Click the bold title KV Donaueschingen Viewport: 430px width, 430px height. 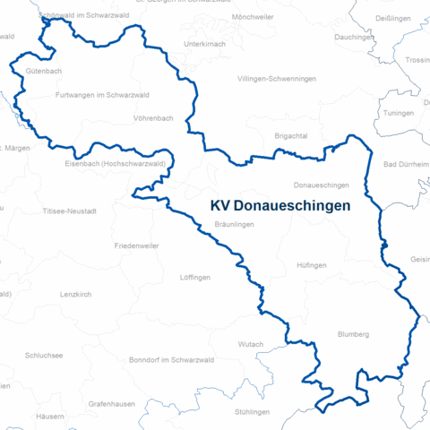pos(279,205)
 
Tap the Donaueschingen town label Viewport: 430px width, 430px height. pos(321,185)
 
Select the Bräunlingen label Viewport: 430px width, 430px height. pos(235,225)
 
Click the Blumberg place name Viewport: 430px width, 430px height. pos(353,334)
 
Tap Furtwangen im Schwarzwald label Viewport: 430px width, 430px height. pos(101,95)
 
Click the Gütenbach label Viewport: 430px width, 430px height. pos(44,69)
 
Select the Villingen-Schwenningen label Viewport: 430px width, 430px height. pos(277,79)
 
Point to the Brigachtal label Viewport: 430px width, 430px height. pos(291,134)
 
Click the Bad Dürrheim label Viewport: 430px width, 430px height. pos(406,164)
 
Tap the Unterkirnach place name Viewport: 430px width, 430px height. pos(203,44)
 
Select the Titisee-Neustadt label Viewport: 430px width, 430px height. pos(69,211)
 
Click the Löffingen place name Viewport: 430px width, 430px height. pos(194,277)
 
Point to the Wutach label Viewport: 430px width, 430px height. pos(251,344)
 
